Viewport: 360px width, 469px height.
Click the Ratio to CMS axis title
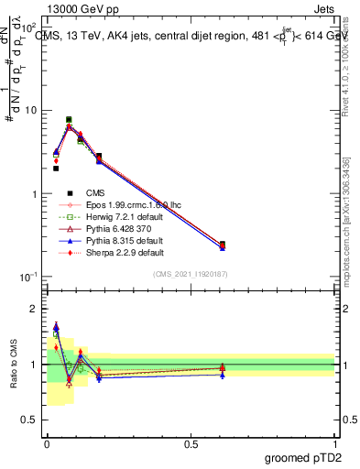pyautogui.click(x=15, y=365)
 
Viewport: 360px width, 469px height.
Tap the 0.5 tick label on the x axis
pyautogui.click(x=191, y=442)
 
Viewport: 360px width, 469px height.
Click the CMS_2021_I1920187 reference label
pyautogui.click(x=191, y=274)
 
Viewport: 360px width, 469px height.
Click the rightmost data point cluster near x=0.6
pyautogui.click(x=223, y=245)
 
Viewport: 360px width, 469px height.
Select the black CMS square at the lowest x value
pyautogui.click(x=56, y=169)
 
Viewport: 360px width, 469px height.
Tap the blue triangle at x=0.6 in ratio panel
pyautogui.click(x=223, y=375)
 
